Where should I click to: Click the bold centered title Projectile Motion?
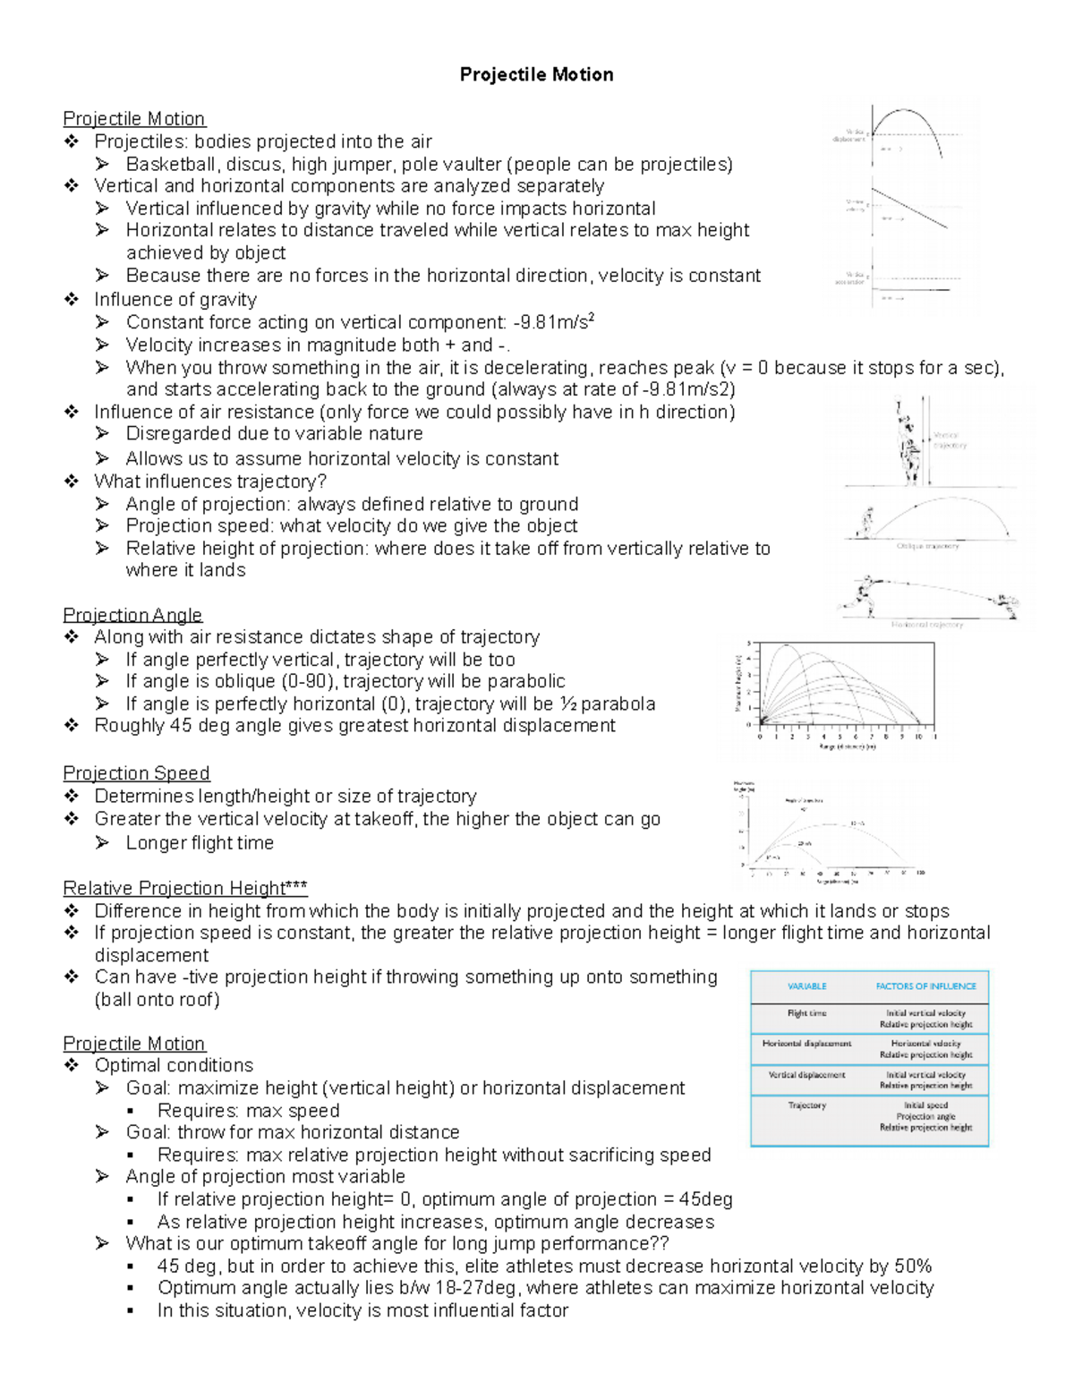tap(536, 74)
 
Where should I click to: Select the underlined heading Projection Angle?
tap(132, 615)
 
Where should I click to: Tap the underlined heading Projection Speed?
tap(136, 773)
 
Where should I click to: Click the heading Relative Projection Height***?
tap(185, 888)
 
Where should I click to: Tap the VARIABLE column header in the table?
tap(806, 986)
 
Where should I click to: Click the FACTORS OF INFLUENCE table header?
tap(925, 986)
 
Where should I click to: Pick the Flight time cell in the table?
tap(806, 1013)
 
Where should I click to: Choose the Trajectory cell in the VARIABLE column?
tap(806, 1105)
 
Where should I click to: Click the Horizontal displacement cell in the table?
tap(806, 1044)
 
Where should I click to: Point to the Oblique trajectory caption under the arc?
tap(927, 546)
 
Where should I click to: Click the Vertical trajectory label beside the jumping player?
tap(949, 439)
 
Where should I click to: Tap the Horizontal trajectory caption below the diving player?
tap(927, 625)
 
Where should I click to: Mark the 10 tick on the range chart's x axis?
tap(917, 738)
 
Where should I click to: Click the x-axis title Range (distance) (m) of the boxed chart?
tap(847, 747)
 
